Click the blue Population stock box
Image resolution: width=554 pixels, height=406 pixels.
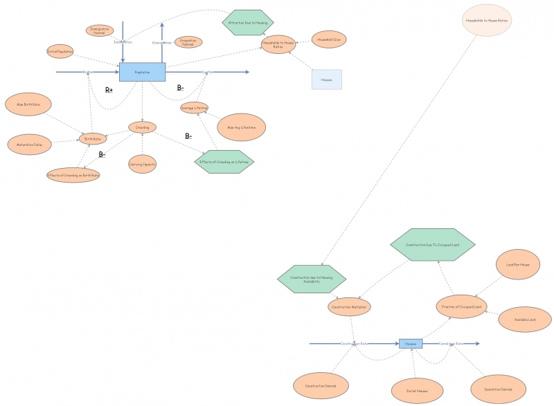pyautogui.click(x=143, y=72)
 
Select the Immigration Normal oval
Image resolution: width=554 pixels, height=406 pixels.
pyautogui.click(x=100, y=30)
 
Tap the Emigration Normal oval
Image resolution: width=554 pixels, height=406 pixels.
pyautogui.click(x=188, y=42)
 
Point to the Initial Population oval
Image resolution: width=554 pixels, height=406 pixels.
pyautogui.click(x=60, y=52)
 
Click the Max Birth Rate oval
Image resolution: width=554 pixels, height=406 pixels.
pyautogui.click(x=28, y=104)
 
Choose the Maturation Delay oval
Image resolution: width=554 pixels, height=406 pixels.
pyautogui.click(x=29, y=145)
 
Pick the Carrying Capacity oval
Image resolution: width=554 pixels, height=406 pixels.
pyautogui.click(x=143, y=164)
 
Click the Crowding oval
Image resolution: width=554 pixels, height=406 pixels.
pyautogui.click(x=143, y=127)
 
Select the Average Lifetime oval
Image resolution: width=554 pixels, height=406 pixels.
pyautogui.click(x=195, y=108)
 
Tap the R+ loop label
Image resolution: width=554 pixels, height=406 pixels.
pyautogui.click(x=109, y=90)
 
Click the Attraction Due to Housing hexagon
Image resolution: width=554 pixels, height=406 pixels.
pyautogui.click(x=247, y=23)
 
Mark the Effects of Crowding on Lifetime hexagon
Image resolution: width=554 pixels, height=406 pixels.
pyautogui.click(x=224, y=161)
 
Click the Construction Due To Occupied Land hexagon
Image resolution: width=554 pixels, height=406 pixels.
pyautogui.click(x=434, y=244)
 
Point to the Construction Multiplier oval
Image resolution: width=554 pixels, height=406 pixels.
pyautogui.click(x=350, y=306)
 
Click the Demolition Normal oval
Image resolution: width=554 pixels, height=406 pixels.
pyautogui.click(x=497, y=389)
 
